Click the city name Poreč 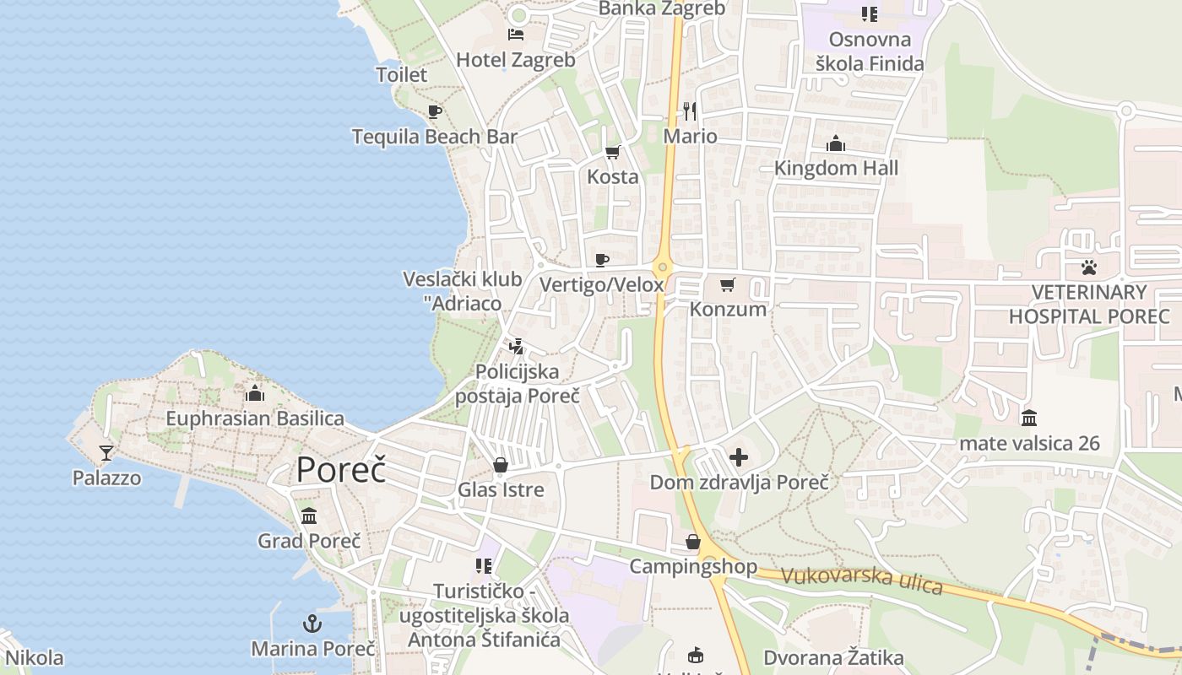coord(340,470)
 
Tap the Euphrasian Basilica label coord(255,418)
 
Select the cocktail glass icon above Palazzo coord(106,454)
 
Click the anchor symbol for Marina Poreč coord(312,624)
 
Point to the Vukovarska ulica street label coord(861,580)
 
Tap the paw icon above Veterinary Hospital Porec coord(1089,268)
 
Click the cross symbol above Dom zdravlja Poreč coord(739,458)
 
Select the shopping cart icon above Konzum coord(728,285)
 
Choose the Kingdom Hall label coord(836,168)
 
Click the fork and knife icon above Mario coord(690,111)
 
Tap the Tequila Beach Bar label coord(434,137)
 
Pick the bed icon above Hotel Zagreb coord(516,35)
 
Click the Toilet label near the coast coord(402,74)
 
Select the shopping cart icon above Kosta coord(613,153)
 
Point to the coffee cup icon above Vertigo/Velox coord(602,260)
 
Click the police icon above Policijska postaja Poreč coord(516,346)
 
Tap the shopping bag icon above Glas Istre coord(501,466)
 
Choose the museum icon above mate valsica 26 coord(1028,418)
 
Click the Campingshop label coord(693,566)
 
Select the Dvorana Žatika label coord(833,658)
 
